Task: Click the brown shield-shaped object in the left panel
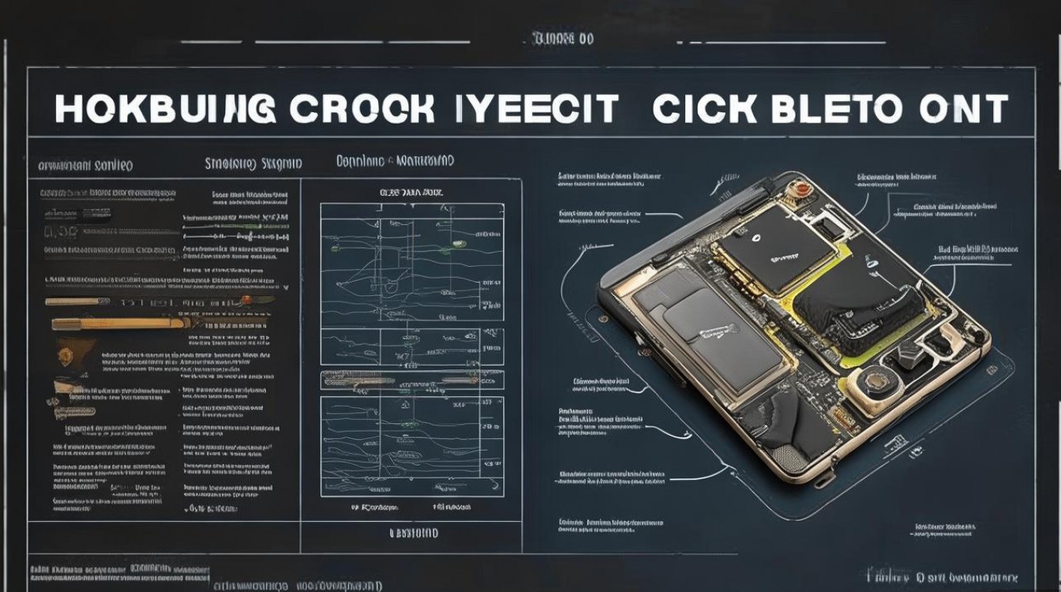(66, 350)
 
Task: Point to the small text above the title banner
(563, 38)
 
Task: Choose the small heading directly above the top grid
(411, 192)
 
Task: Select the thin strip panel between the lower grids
(411, 380)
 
